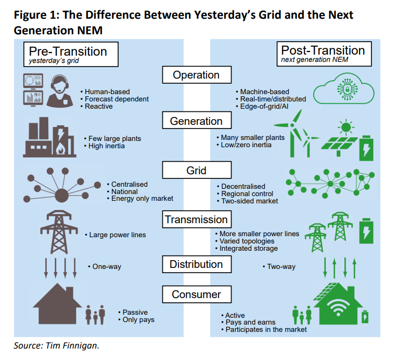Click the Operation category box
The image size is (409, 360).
(x=196, y=75)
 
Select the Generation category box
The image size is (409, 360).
(x=196, y=121)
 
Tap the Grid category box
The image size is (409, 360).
(x=196, y=171)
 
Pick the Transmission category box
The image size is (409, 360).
(x=196, y=220)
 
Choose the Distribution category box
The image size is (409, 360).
(x=196, y=264)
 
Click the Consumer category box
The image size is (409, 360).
(x=196, y=294)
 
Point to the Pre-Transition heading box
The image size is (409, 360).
(x=68, y=54)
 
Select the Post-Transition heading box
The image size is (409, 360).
(x=323, y=54)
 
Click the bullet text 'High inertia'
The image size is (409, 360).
(x=108, y=146)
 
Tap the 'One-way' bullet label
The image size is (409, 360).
(x=107, y=266)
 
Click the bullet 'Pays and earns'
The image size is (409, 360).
(x=250, y=323)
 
